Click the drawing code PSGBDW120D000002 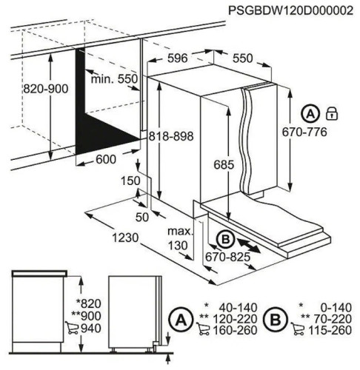point(290,10)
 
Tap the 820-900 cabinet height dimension point(46,89)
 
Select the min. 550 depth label point(114,79)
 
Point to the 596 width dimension point(178,58)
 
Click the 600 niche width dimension point(106,159)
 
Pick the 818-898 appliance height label point(171,136)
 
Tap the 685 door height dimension point(224,164)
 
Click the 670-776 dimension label point(304,132)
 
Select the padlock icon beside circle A point(332,114)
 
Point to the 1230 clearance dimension point(125,238)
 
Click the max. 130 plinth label point(180,238)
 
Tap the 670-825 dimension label point(228,257)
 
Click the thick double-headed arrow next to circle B point(249,244)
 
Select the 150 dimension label point(130,181)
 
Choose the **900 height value point(86,316)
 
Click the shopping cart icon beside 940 point(73,328)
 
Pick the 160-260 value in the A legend point(235,330)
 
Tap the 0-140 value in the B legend point(336,308)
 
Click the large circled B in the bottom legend point(276,320)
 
